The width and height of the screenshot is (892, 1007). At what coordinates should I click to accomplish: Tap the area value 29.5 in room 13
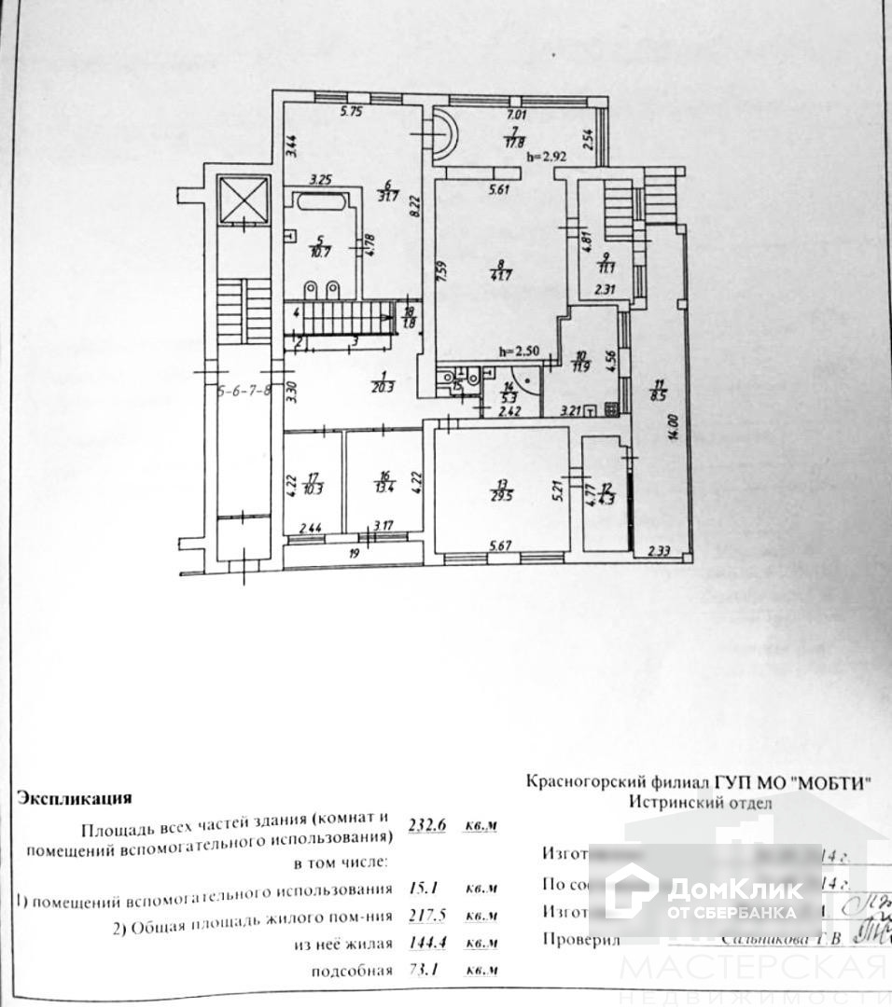click(503, 494)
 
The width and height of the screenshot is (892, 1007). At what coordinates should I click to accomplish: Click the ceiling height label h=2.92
click(548, 157)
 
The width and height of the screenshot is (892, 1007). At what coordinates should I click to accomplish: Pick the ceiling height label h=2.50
click(521, 352)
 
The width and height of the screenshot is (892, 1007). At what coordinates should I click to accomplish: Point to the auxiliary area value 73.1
click(426, 971)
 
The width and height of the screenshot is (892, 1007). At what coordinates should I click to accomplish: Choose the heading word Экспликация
click(75, 798)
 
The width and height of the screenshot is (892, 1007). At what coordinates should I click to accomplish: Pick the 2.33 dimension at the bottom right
click(663, 551)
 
